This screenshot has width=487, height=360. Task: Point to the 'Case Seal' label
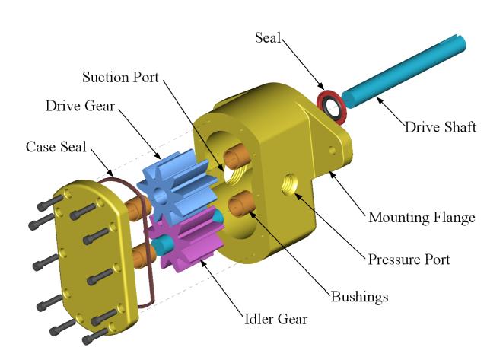coord(54,145)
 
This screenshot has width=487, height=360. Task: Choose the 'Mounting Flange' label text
coord(422,218)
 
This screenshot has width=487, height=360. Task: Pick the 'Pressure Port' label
coord(409,259)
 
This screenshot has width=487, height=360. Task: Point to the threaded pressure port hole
coord(291,184)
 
